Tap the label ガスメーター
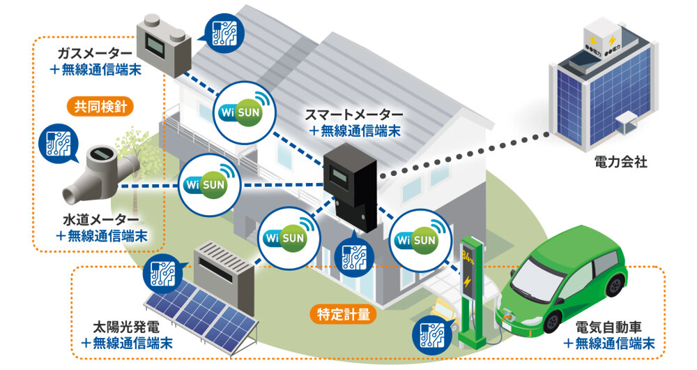click(x=94, y=53)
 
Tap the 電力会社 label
click(x=622, y=163)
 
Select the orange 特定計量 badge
click(x=343, y=313)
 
